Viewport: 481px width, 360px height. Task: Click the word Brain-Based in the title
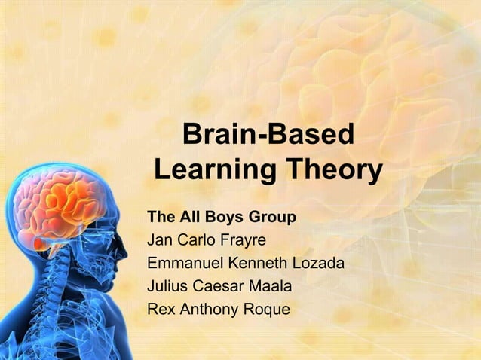point(268,136)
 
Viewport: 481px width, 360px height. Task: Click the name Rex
point(160,309)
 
